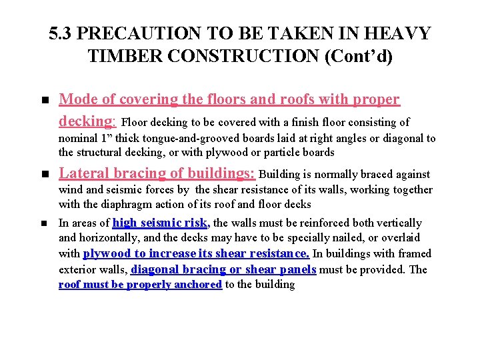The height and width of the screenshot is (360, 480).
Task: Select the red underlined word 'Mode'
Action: point(78,99)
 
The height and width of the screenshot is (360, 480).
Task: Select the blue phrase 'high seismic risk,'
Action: point(161,223)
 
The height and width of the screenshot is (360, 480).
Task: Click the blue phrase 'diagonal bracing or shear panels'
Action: point(223,269)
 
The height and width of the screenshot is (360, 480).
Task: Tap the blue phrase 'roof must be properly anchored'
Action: point(140,285)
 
